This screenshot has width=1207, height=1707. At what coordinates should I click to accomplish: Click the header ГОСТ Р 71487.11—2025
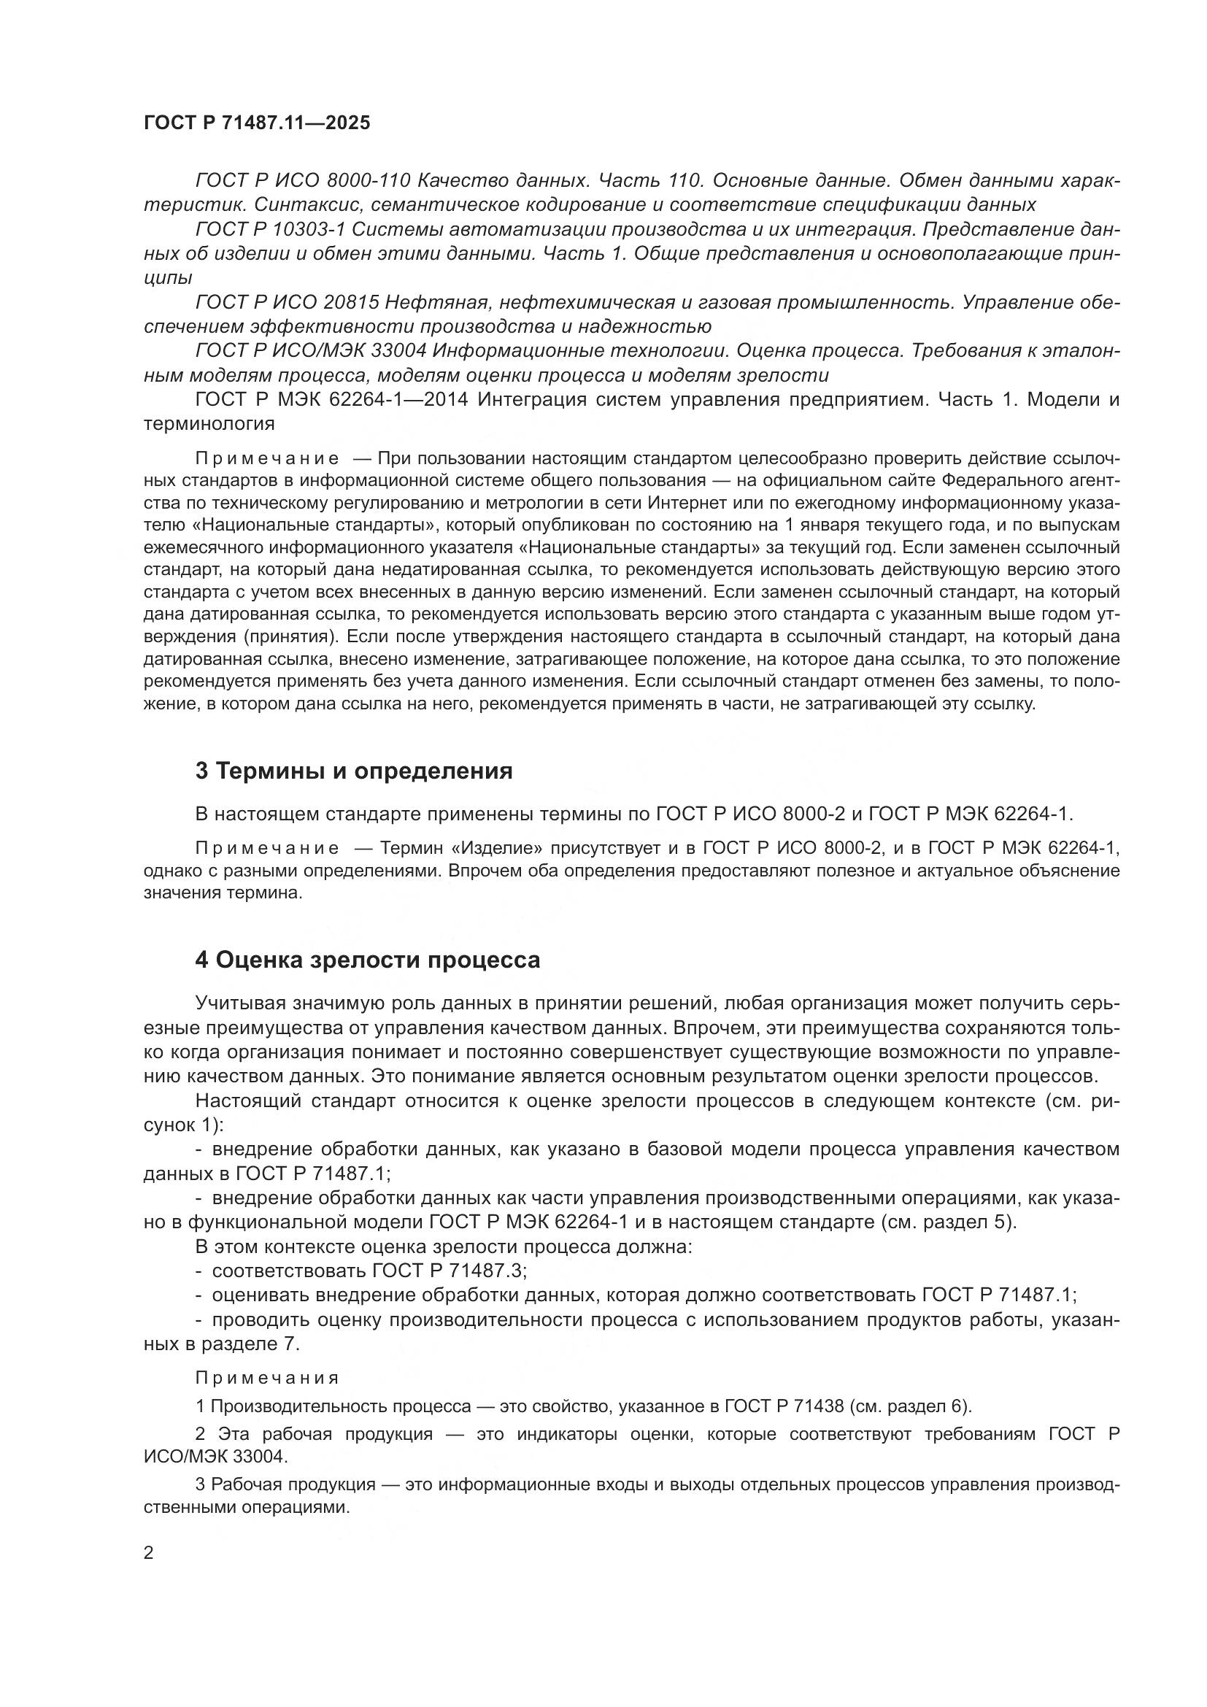tap(256, 123)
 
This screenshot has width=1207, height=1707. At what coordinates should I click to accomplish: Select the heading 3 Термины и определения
tap(354, 771)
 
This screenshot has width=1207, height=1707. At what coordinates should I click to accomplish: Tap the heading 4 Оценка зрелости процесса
tap(367, 960)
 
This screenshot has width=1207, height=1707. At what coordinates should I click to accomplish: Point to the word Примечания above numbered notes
tap(267, 1378)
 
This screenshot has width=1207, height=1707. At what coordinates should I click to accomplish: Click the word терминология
tap(209, 425)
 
